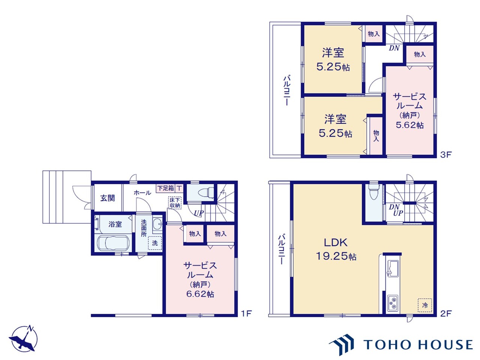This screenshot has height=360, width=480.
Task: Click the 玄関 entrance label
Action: [108, 198]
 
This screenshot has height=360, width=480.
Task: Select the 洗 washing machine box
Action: [155, 243]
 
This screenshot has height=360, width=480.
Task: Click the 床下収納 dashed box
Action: [175, 202]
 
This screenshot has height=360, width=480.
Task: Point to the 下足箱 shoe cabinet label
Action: [165, 188]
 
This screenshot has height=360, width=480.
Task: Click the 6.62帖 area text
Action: [200, 294]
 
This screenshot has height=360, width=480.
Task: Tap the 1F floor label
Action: [246, 313]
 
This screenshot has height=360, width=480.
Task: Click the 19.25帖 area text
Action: [336, 256]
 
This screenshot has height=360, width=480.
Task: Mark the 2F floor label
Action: [445, 313]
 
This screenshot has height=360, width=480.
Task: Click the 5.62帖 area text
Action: [410, 125]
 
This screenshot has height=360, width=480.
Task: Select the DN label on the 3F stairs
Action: [394, 48]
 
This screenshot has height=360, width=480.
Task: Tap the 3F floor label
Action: [445, 154]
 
